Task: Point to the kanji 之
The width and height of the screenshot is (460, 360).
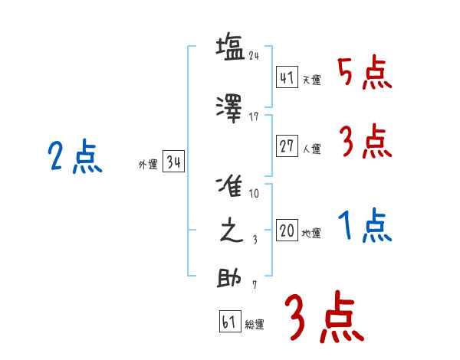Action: pyautogui.click(x=231, y=230)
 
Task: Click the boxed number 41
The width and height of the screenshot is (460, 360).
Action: pyautogui.click(x=287, y=77)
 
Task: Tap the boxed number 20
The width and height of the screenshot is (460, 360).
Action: pyautogui.click(x=287, y=231)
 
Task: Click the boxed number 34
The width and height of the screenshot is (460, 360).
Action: pyautogui.click(x=173, y=162)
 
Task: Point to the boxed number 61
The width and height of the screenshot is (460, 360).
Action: pyautogui.click(x=229, y=322)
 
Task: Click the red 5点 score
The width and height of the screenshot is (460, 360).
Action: pyautogui.click(x=364, y=74)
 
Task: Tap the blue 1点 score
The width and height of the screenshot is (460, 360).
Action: pyautogui.click(x=364, y=227)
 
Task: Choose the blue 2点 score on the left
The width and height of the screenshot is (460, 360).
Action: pyautogui.click(x=74, y=159)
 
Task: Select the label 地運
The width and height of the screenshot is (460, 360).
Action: pyautogui.click(x=311, y=233)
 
